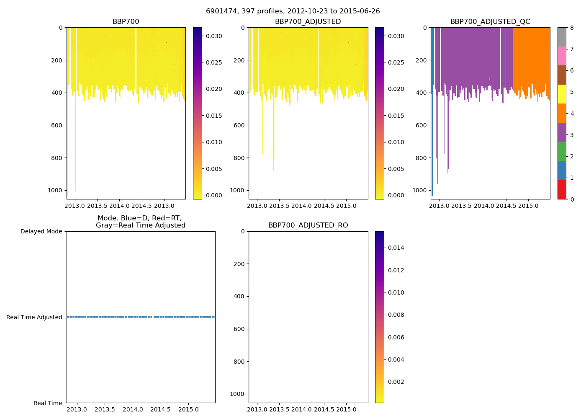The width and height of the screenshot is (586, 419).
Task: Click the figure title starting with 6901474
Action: (293, 11)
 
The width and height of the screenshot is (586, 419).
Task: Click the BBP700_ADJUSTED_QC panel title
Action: (490, 22)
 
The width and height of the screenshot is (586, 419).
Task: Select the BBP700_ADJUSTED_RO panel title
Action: (308, 225)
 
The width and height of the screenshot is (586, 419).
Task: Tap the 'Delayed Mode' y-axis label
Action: (41, 231)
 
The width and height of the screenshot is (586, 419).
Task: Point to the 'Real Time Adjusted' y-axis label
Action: (34, 317)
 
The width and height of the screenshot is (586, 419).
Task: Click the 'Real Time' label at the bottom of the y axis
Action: (48, 403)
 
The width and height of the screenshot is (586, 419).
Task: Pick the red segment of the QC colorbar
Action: (562, 190)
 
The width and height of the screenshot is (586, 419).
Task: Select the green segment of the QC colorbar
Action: (562, 151)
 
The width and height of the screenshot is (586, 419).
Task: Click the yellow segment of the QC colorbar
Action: (562, 94)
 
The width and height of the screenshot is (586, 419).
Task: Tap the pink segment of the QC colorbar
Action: (562, 56)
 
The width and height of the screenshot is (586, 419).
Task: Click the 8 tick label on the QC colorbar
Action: (572, 28)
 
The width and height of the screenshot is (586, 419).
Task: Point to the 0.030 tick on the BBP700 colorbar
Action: (213, 36)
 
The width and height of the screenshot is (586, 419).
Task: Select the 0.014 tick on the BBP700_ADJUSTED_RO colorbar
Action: (396, 248)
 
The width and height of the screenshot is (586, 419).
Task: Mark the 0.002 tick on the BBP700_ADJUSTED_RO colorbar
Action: (396, 382)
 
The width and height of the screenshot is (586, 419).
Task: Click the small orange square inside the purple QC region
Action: (489, 78)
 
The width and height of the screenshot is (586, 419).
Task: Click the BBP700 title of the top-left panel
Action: (126, 22)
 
